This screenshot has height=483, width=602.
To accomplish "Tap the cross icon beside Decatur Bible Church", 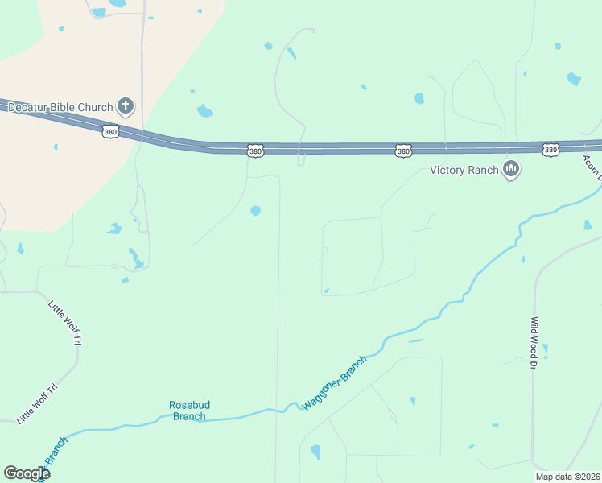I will tap(125, 105).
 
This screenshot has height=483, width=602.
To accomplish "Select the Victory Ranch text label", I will tap(464, 170).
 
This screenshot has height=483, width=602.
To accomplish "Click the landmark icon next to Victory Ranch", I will tap(510, 169).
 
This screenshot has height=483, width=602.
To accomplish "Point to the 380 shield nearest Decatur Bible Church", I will tap(111, 130).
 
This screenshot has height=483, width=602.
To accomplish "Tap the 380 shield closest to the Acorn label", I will tap(550, 150).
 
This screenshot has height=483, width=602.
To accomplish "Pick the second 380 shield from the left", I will tap(255, 151).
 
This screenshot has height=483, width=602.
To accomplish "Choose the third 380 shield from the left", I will tap(403, 151).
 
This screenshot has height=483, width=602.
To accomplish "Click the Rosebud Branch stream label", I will tap(188, 411).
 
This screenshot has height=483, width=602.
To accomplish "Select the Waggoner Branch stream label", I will tap(334, 382).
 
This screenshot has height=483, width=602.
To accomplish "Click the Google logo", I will tap(27, 473).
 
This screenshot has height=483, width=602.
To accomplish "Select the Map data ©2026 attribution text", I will tap(567, 477).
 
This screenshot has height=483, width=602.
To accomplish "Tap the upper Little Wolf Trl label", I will tap(65, 324).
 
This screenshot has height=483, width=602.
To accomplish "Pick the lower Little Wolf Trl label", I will tap(38, 404).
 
